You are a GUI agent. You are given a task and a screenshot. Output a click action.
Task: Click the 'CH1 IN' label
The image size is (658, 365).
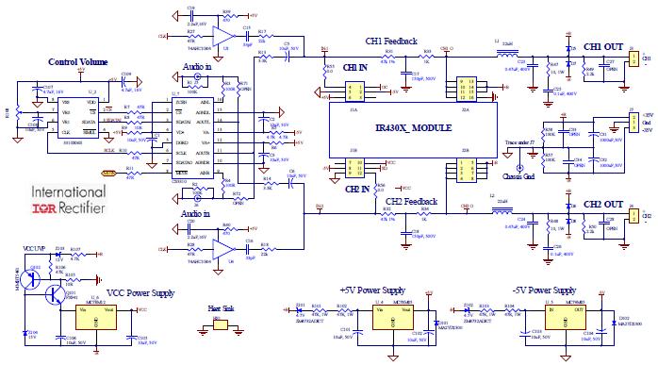coord(355,68)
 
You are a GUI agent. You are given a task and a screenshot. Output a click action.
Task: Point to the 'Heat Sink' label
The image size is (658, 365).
coord(220,307)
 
